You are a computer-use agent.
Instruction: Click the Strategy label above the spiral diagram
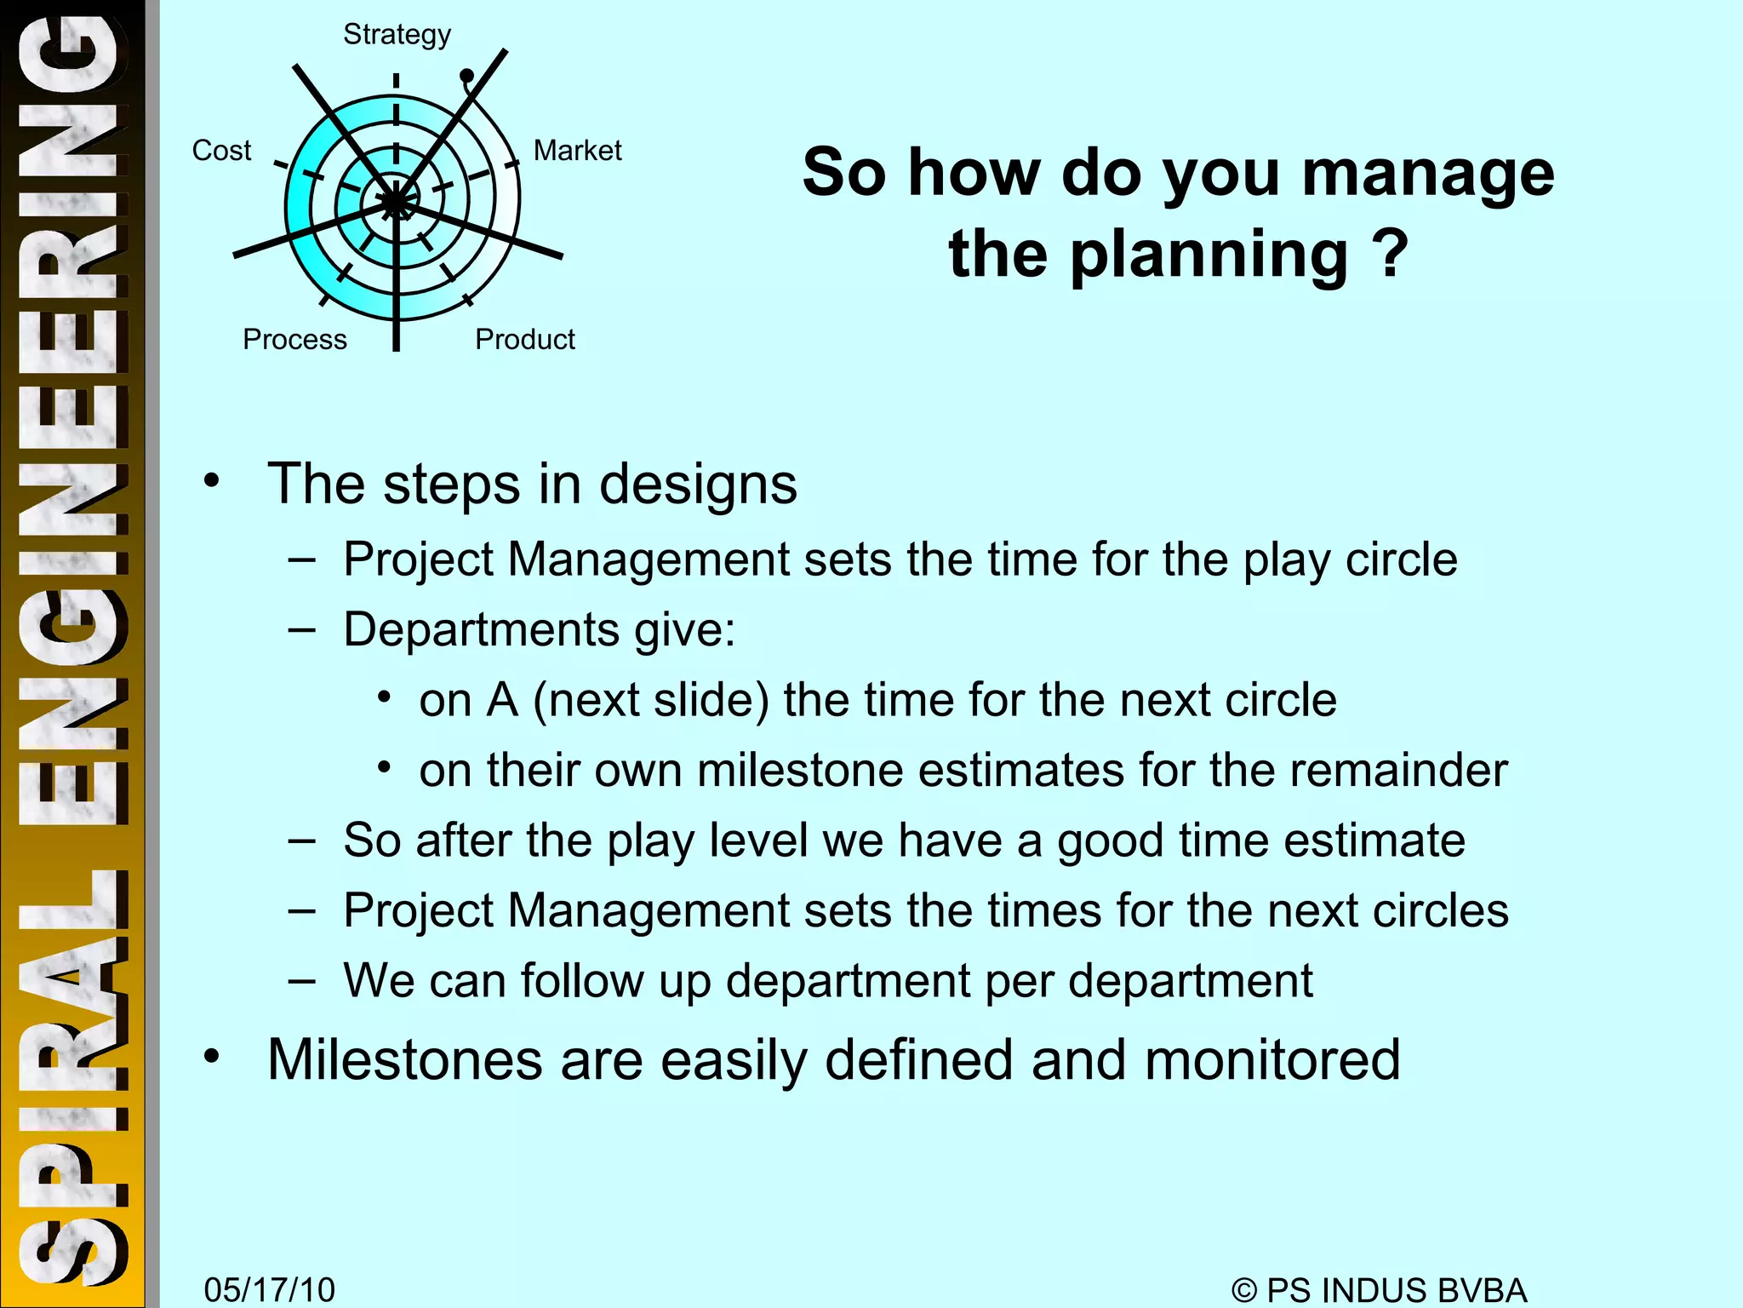click(397, 35)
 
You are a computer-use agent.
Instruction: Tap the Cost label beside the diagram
click(221, 151)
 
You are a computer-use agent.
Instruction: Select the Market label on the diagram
click(577, 151)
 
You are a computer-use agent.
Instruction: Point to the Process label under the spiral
click(294, 340)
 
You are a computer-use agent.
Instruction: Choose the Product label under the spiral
click(524, 340)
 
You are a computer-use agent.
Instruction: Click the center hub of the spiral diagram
click(396, 203)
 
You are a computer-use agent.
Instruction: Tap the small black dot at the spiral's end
click(466, 77)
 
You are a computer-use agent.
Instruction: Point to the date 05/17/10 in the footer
click(269, 1289)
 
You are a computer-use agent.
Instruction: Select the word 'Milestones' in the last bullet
click(405, 1059)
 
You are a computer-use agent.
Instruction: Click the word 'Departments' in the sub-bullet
click(482, 630)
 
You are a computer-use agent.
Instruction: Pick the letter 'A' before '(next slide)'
click(501, 700)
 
